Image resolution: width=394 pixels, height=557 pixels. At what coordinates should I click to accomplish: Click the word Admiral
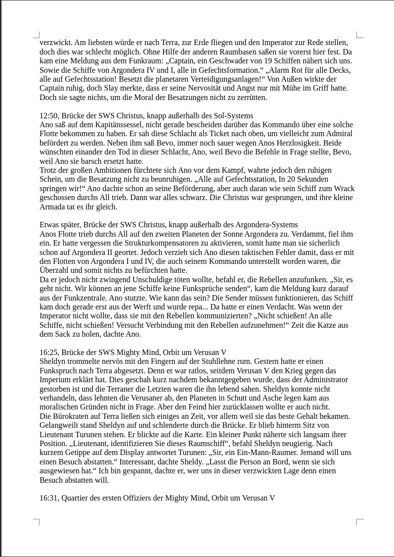338,134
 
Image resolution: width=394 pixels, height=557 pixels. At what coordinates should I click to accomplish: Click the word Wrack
344,189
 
